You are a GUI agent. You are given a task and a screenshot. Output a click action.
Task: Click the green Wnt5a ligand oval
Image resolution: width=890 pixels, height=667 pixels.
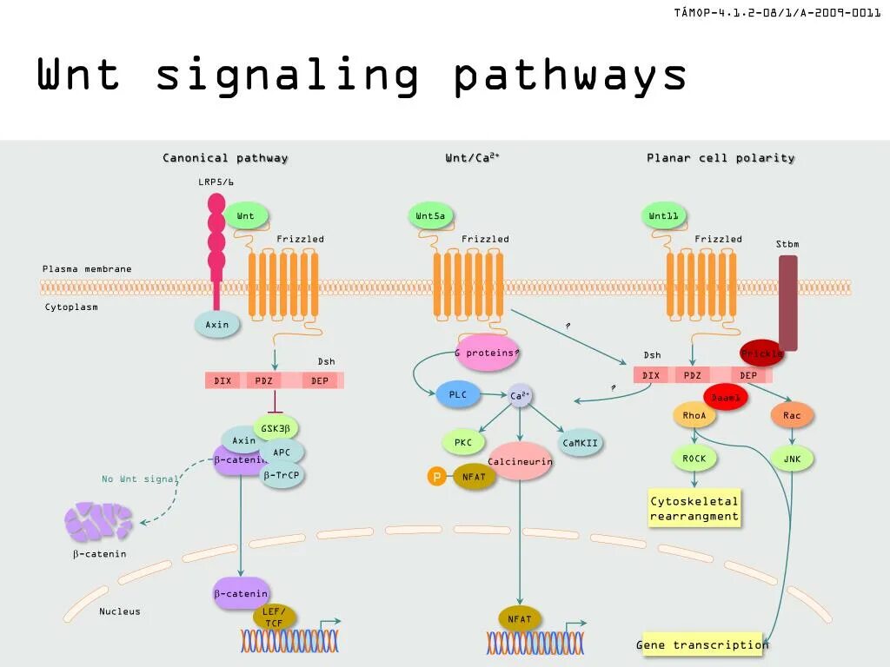coord(432,216)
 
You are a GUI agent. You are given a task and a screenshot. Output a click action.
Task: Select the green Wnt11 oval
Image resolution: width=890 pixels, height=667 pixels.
coord(665,216)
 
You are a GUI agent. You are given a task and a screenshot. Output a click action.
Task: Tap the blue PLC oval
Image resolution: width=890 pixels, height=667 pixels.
coord(458,395)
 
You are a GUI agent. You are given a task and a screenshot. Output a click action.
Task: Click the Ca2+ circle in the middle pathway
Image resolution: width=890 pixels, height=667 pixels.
coord(520,396)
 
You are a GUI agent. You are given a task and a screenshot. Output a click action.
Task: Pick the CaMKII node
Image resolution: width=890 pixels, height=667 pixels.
coord(581,443)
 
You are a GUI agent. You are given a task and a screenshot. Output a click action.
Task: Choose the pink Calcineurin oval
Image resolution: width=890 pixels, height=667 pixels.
coord(520,461)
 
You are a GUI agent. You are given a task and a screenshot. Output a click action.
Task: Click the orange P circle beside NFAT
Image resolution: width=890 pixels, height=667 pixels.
coord(436,476)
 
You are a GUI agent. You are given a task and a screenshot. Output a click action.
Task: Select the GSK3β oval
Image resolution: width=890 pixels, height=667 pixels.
coord(276,428)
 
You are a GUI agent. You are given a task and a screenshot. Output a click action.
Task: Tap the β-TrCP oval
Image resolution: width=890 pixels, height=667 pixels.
coord(282,475)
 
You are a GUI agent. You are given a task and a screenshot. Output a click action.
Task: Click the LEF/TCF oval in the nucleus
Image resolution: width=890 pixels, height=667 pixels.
coord(274,617)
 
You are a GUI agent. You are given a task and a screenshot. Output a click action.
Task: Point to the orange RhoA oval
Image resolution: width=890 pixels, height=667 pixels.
coord(694,416)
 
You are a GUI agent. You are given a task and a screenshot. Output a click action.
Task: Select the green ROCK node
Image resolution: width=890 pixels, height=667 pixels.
coord(694,459)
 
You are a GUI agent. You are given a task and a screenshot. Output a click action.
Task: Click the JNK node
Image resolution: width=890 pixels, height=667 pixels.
coord(792,459)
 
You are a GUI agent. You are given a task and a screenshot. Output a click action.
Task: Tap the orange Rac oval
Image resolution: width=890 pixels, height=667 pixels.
coord(792,416)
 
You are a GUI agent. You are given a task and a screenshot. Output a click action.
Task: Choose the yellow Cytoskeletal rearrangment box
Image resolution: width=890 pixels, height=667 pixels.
coord(694,508)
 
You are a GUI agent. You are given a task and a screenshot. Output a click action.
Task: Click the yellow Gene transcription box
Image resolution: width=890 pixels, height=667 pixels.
coord(702,644)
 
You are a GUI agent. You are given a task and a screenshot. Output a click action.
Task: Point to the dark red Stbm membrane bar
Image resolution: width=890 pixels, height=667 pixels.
coord(787,302)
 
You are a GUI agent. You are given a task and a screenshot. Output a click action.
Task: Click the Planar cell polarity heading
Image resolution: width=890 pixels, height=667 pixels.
coord(721,158)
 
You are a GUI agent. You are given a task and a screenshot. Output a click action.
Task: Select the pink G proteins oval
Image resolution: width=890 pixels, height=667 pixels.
coord(488,353)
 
